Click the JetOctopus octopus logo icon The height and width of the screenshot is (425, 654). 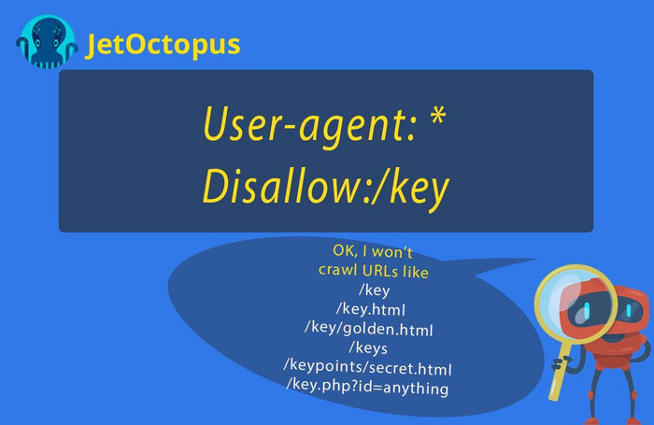tap(47, 42)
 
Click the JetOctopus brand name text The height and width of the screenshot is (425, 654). tap(163, 44)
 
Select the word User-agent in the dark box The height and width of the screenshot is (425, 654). tap(310, 124)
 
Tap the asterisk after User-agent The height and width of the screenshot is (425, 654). tap(437, 116)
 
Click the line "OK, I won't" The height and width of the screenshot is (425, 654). tap(373, 251)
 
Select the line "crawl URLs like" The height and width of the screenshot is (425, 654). tap(374, 271)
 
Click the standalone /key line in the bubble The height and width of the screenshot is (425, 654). tap(374, 290)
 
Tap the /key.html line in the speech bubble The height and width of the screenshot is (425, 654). tap(371, 309)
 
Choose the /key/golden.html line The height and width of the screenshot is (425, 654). tap(369, 329)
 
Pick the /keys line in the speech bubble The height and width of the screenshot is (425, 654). tap(368, 347)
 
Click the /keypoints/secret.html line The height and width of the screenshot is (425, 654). tap(367, 367)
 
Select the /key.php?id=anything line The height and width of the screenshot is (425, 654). tap(367, 386)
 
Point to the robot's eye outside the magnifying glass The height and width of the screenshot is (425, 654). tap(629, 310)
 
